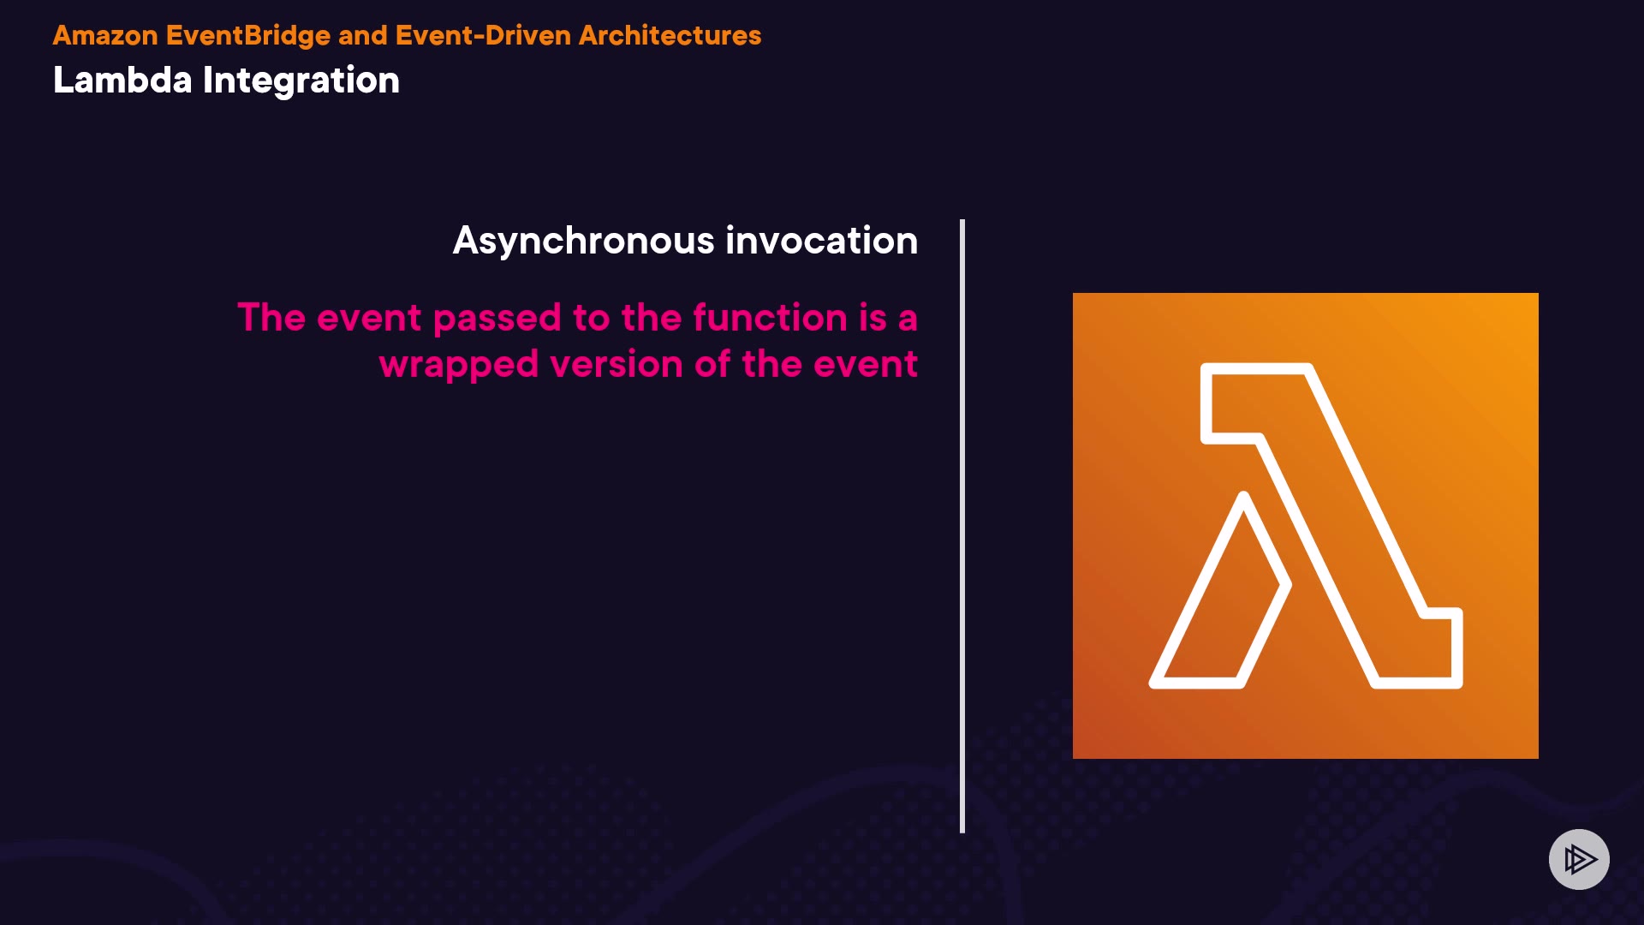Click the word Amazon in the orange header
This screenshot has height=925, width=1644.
105,35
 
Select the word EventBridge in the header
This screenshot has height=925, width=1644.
248,36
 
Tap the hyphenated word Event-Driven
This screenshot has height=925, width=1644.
483,35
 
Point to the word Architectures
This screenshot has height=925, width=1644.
670,35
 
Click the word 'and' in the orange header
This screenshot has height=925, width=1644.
363,36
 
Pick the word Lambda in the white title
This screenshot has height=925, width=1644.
122,80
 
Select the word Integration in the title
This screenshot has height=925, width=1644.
301,81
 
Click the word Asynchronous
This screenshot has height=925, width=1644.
584,241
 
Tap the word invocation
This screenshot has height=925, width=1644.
822,240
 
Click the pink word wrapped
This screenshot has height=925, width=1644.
459,366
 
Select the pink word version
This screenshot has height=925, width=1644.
616,365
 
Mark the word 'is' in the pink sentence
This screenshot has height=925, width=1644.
873,317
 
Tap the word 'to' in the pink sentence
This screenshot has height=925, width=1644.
592,318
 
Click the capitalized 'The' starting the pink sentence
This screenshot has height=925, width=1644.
271,317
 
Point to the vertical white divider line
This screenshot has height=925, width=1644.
962,526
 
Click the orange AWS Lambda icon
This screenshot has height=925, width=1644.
1305,526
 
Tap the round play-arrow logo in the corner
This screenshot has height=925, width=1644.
1579,859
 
